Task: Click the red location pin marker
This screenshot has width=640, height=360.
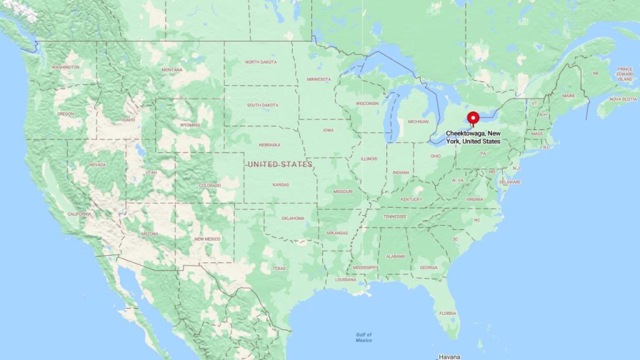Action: [473, 118]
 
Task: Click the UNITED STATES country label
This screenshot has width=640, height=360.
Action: [279, 164]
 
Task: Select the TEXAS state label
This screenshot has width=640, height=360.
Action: [279, 268]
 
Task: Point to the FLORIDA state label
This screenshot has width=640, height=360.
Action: [447, 313]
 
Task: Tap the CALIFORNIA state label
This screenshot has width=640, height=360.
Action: [79, 214]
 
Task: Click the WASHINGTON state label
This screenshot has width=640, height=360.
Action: [66, 67]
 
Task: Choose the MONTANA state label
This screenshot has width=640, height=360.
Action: [172, 69]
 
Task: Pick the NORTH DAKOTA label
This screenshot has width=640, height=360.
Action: [261, 62]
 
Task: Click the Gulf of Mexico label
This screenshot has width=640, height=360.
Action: [363, 337]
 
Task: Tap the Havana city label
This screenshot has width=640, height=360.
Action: [449, 356]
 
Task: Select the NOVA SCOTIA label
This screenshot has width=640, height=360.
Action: [623, 99]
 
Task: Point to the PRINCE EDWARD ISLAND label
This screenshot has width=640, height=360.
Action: [624, 73]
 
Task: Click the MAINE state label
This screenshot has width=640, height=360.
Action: [569, 96]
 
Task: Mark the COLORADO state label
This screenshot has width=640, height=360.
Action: [209, 186]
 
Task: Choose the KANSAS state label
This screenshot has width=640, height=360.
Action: [281, 185]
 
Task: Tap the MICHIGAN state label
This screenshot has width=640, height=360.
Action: [419, 121]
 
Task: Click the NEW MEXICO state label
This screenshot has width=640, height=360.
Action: [207, 239]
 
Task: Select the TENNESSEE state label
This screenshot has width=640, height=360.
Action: [394, 216]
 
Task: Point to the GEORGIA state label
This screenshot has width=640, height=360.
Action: [429, 267]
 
